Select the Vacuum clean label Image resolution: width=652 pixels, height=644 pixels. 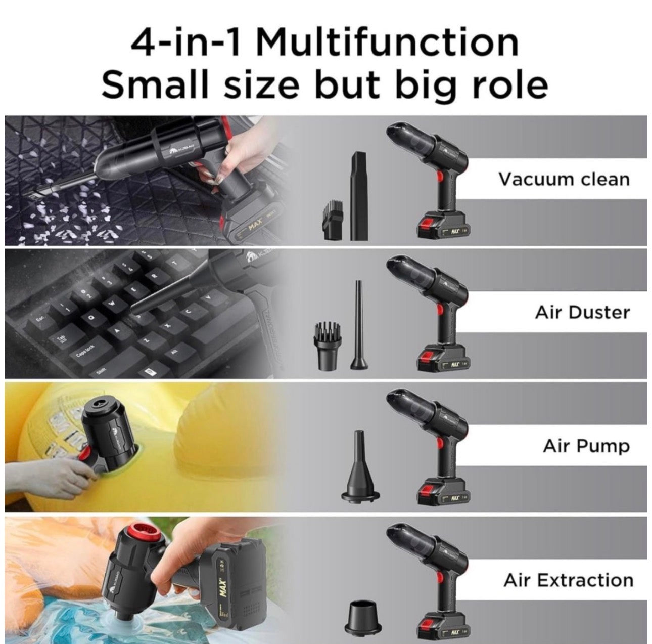click(564, 179)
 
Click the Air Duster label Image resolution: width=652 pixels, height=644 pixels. click(582, 312)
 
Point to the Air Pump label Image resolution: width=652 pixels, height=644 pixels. click(586, 446)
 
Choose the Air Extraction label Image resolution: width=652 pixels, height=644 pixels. click(568, 580)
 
